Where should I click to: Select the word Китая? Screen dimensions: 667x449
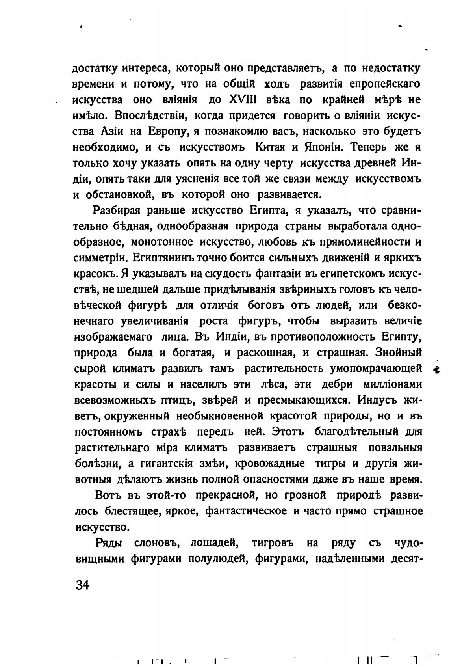point(271,147)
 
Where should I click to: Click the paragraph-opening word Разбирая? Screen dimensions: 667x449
point(117,211)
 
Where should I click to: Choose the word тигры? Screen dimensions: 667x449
point(330,464)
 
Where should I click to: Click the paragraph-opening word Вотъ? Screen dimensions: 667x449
point(109,495)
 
